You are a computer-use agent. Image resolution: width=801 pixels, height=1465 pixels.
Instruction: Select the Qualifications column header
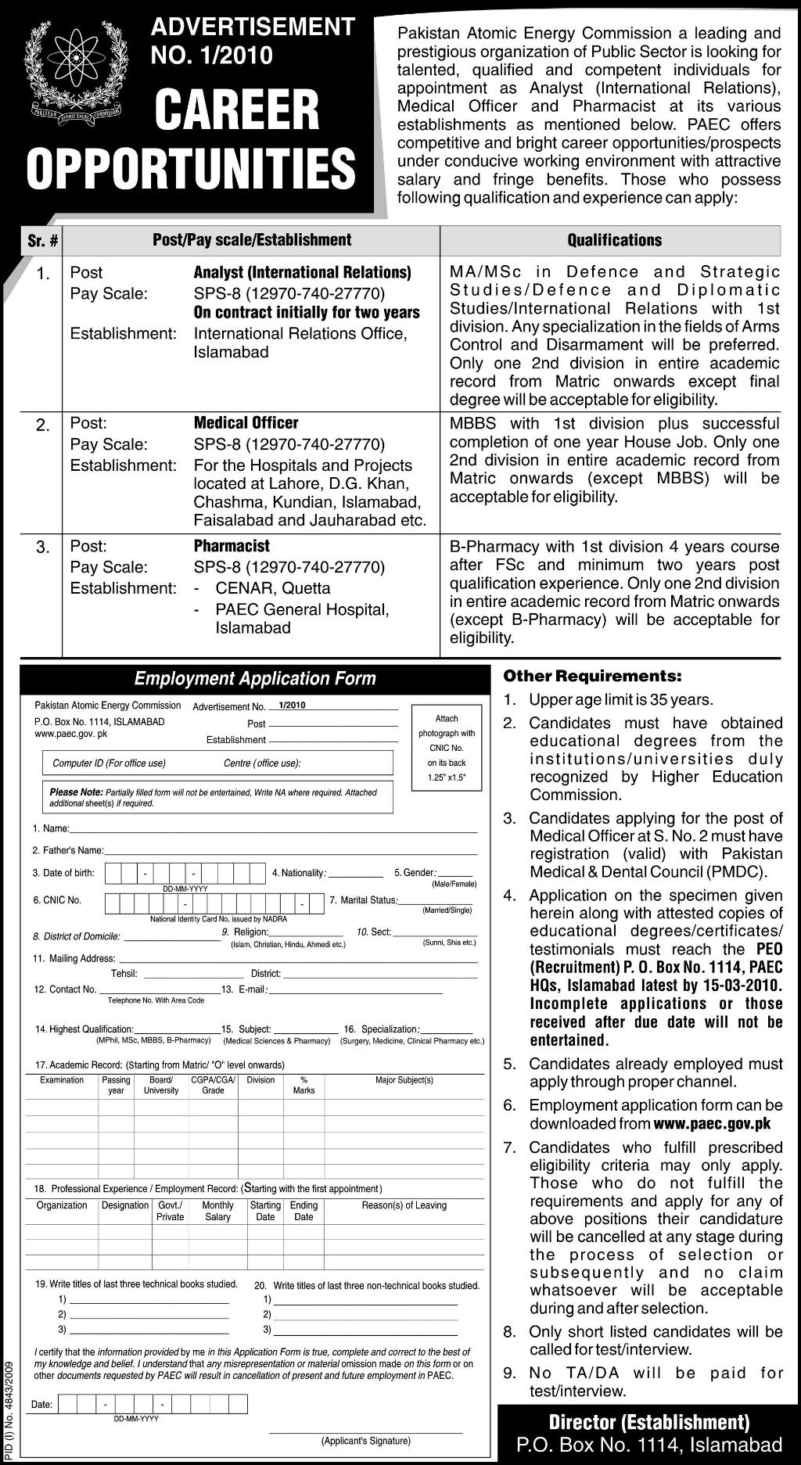614,240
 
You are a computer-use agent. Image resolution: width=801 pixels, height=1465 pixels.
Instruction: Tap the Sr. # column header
42,241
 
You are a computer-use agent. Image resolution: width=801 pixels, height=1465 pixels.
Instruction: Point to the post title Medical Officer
246,423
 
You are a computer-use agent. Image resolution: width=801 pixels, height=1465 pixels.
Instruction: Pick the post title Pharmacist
232,546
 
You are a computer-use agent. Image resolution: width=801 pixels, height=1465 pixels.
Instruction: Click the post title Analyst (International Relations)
303,272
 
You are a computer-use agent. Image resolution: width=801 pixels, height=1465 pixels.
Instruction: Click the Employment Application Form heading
255,678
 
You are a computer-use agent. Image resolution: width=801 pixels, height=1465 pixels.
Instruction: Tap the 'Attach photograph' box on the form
447,748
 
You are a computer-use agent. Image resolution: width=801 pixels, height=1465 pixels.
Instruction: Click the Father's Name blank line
290,850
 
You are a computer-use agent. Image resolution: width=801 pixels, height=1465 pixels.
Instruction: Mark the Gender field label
414,873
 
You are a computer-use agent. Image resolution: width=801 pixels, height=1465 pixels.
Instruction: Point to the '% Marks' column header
304,1085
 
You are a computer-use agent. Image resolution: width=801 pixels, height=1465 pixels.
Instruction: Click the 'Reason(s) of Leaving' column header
404,1205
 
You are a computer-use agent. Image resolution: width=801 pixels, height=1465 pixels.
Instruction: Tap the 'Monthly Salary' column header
217,1211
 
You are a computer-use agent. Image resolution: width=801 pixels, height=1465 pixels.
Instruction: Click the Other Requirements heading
592,675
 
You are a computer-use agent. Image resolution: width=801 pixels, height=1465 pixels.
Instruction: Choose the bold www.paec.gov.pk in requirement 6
712,1123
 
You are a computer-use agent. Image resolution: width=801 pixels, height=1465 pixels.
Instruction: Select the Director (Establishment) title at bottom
649,1421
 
